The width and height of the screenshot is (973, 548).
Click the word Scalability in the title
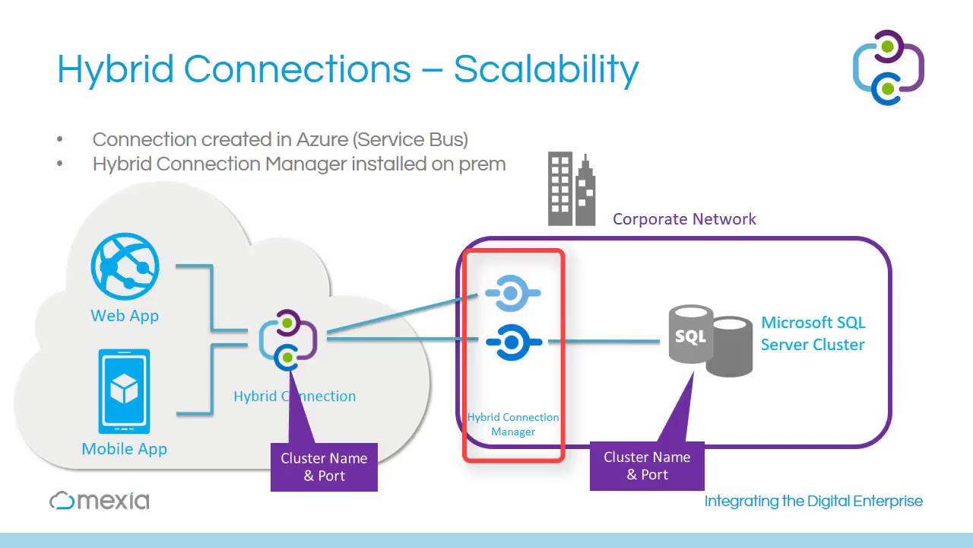546,70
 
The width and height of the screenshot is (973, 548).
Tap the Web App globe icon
125,266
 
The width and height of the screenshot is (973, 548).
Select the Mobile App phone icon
124,391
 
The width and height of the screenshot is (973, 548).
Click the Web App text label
125,316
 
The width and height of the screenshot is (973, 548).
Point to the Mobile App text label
124,449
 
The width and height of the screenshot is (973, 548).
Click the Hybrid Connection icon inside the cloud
287,340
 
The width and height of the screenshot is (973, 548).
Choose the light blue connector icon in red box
512,294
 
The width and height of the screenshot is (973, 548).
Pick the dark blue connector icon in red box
513,342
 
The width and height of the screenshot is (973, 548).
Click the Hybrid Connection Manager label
513,425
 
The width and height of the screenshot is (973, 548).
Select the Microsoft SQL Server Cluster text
813,333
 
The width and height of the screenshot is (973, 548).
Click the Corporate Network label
684,219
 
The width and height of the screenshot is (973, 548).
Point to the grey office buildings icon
572,190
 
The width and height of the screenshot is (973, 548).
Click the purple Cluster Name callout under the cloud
324,467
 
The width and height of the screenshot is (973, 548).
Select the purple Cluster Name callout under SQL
647,466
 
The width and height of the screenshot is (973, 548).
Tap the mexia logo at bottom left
100,500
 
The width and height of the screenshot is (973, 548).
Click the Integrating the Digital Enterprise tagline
813,501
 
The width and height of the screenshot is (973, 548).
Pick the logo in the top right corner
888,68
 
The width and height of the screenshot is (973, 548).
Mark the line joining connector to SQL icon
608,342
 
